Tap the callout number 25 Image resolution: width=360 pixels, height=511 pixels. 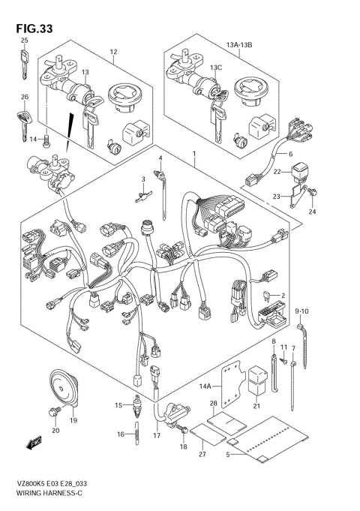click(24, 41)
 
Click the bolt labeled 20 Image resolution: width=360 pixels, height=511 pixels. click(53, 411)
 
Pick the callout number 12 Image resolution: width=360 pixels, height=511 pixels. click(114, 52)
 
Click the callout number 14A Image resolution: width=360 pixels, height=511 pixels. click(206, 386)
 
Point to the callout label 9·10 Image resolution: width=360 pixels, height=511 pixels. click(302, 311)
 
